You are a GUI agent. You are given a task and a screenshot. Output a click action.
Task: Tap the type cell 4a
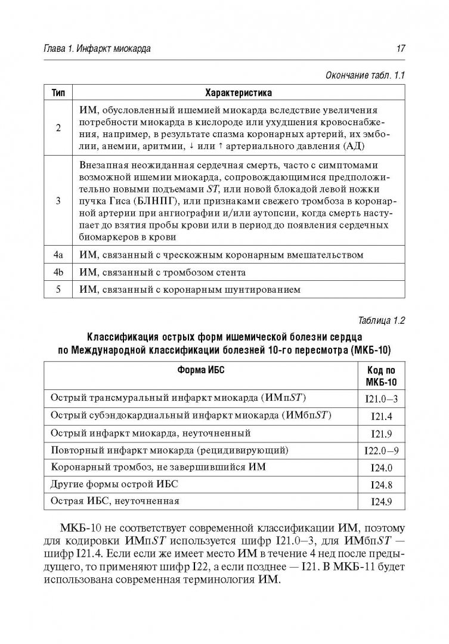click(x=58, y=255)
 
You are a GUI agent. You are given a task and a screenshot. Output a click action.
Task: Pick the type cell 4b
click(x=58, y=273)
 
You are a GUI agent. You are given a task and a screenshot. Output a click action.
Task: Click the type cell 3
click(x=58, y=201)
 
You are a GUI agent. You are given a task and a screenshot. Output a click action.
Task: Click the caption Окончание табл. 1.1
click(x=364, y=76)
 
